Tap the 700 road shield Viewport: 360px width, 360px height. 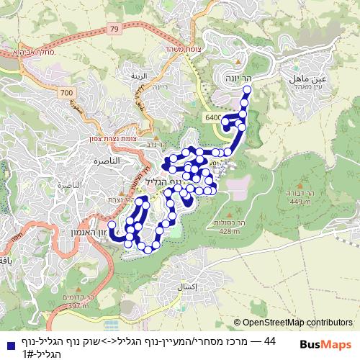click(67, 93)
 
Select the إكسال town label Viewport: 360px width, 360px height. click(186, 286)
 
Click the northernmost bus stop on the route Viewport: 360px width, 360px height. click(247, 90)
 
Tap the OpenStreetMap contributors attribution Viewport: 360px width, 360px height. click(297, 323)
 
